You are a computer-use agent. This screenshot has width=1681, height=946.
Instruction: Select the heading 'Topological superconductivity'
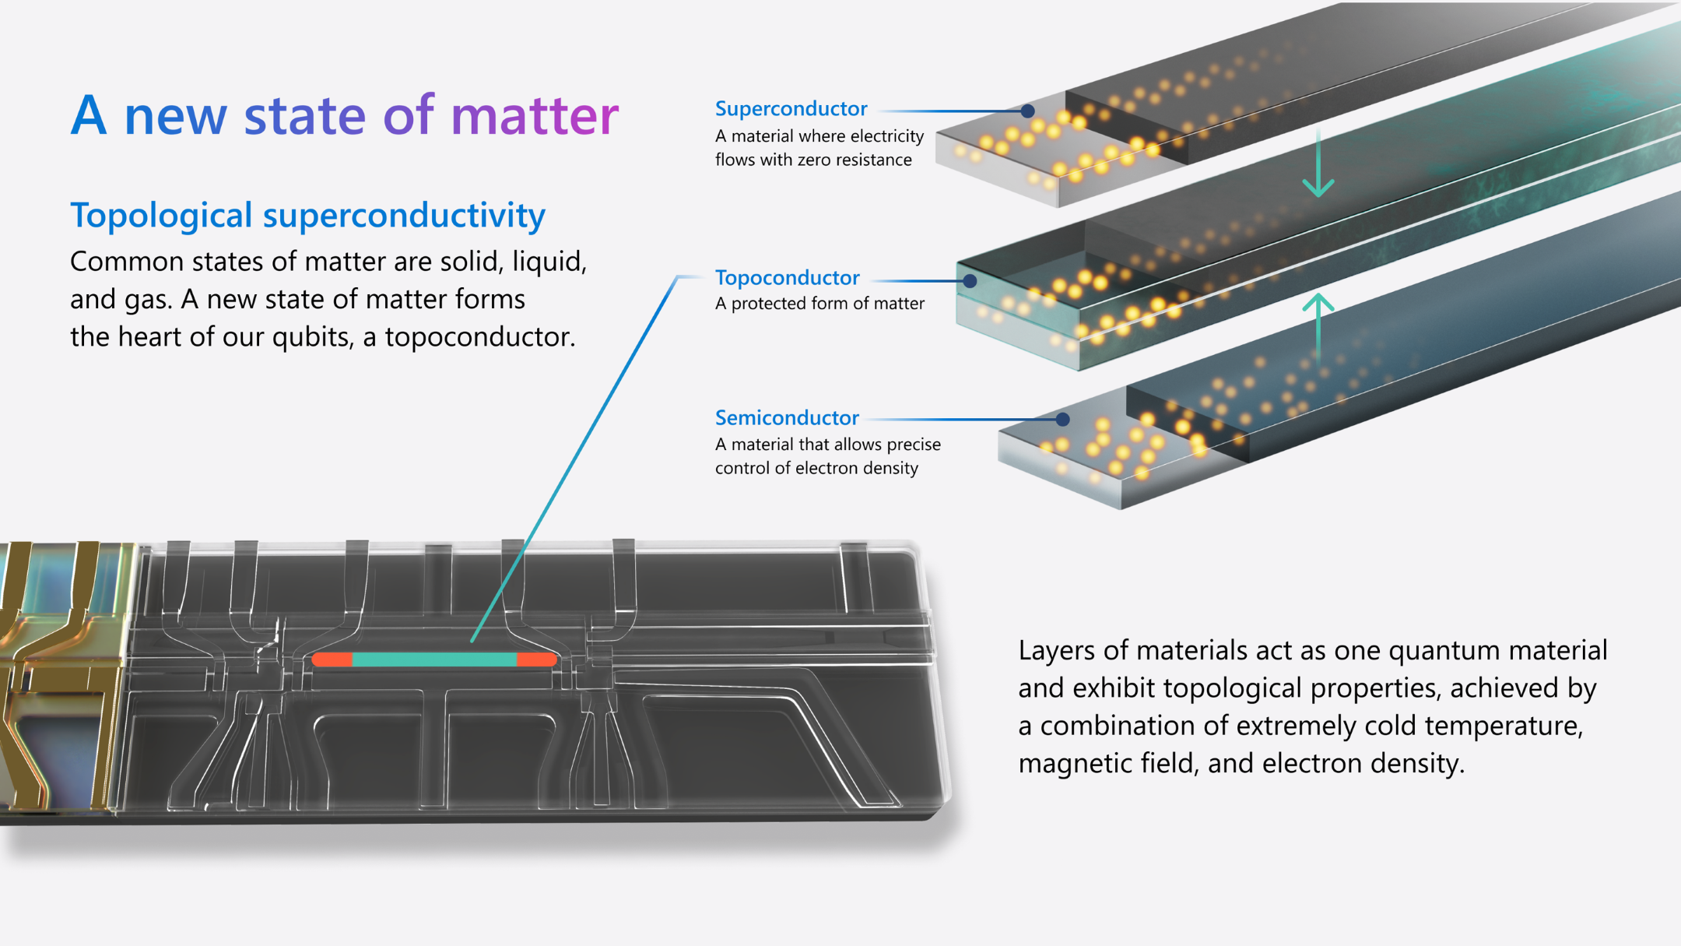307,216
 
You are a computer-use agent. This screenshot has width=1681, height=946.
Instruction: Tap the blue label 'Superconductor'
791,109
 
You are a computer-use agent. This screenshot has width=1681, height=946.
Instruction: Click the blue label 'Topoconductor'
787,278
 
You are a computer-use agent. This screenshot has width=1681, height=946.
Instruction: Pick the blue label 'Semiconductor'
787,418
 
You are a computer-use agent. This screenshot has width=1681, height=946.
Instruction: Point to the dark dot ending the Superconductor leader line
1027,111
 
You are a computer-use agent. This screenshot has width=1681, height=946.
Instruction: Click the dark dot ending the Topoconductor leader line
970,281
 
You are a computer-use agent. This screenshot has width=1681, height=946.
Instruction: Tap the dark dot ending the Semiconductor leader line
1062,420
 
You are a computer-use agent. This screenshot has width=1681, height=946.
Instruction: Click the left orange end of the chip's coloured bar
332,659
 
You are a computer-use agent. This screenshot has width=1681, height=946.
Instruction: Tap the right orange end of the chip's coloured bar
536,659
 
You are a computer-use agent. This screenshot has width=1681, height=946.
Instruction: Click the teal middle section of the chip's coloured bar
434,659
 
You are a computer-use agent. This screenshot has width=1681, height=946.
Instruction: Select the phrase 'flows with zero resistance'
813,160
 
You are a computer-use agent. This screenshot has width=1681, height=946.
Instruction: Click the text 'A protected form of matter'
819,304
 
